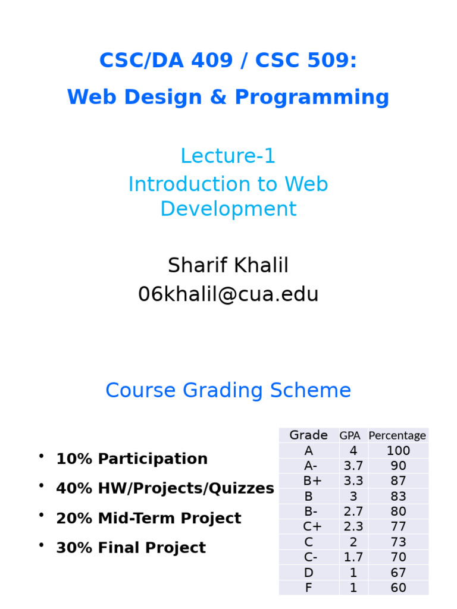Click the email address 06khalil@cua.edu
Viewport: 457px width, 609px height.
[228, 294]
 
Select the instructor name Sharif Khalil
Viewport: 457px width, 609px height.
[228, 265]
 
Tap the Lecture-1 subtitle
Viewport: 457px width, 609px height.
[228, 156]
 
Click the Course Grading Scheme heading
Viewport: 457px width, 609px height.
[228, 391]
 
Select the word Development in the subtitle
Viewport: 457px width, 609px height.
[228, 209]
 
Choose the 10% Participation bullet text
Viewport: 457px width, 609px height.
[132, 459]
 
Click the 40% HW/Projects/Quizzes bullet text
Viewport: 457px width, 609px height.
[165, 489]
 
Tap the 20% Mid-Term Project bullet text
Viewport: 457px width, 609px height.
[148, 518]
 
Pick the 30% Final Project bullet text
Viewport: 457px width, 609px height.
[130, 548]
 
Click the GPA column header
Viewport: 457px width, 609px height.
[353, 435]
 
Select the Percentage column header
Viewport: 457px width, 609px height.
[397, 435]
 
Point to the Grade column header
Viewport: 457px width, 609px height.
[308, 435]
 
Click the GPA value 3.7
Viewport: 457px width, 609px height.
[353, 466]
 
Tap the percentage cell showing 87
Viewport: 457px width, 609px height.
[398, 481]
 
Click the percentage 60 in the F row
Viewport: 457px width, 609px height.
[398, 588]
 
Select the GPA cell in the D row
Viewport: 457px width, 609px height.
[353, 573]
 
